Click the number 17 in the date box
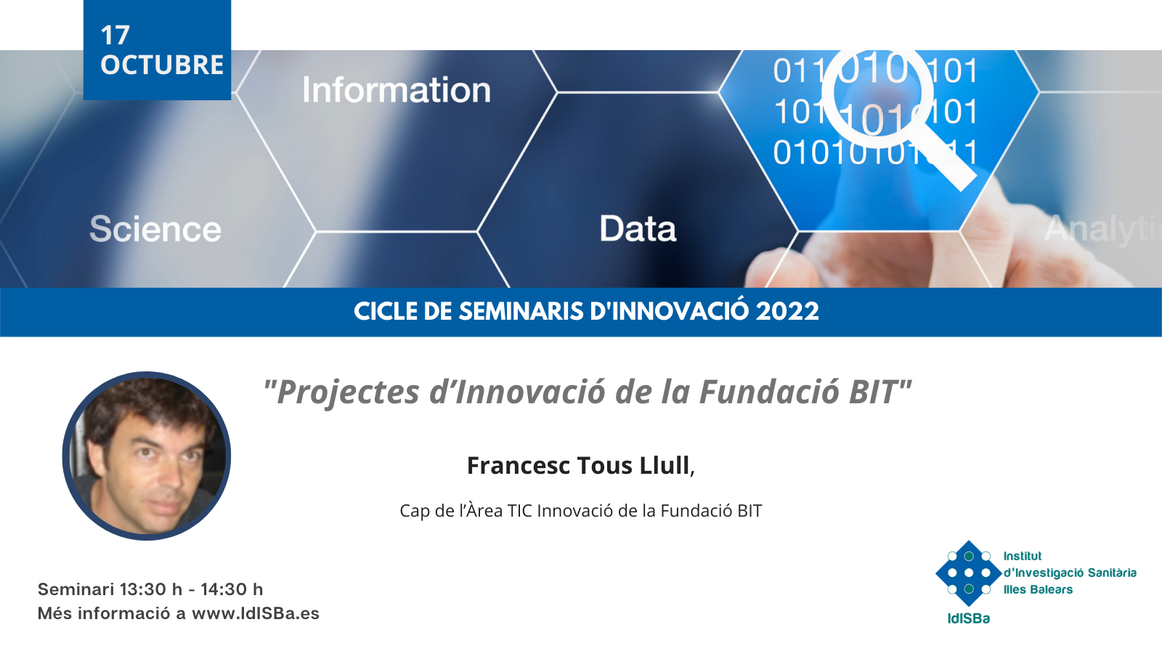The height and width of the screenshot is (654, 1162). (115, 36)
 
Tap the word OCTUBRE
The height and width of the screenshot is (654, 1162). (162, 65)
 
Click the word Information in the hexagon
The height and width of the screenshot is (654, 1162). (397, 90)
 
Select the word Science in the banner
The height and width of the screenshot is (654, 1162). (155, 229)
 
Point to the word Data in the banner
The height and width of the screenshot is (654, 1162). (638, 228)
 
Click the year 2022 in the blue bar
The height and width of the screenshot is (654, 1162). (787, 312)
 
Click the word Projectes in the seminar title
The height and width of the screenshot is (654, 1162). (348, 392)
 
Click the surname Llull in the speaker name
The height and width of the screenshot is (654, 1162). (665, 465)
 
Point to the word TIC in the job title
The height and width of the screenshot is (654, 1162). (519, 511)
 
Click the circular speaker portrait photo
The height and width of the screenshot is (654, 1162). (147, 456)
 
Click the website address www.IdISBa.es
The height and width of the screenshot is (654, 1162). (256, 613)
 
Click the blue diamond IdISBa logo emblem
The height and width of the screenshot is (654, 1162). (968, 573)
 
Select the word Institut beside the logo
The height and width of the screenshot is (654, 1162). (1023, 556)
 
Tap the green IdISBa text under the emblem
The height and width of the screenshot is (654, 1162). (969, 618)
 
